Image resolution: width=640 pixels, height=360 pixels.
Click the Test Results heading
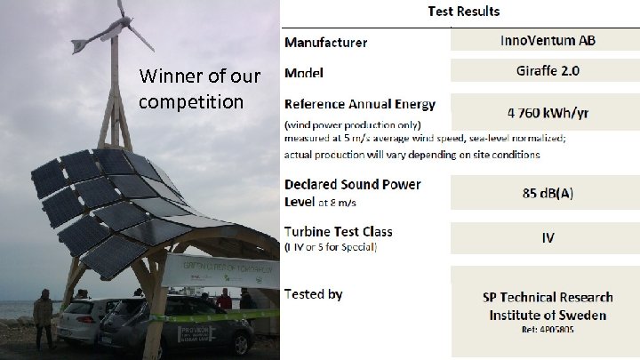point(462,12)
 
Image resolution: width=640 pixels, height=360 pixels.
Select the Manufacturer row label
point(325,43)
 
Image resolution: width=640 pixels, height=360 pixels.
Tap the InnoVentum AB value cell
point(544,41)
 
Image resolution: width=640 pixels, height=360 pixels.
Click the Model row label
point(303,71)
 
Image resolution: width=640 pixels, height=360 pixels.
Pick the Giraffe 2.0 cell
point(544,69)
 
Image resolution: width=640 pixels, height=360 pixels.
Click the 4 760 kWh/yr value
point(544,113)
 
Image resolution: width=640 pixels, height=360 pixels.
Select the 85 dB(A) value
point(544,192)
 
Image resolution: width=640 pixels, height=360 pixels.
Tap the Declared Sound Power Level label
point(353,192)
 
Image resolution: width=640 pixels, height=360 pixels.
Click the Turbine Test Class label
point(338,231)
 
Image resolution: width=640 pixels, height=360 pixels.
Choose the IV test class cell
point(544,237)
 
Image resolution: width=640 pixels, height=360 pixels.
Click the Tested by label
point(313,294)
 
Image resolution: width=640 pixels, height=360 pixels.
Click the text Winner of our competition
point(200,88)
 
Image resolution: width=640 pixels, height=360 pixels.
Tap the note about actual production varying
point(412,154)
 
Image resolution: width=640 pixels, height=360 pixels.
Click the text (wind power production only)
point(359,124)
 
